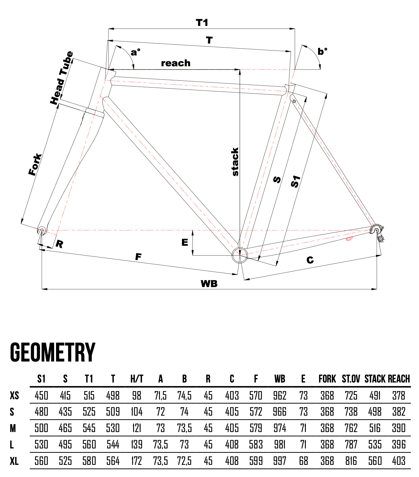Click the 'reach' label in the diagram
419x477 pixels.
click(175, 63)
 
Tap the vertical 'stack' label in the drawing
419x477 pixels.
click(235, 162)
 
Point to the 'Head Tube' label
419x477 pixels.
click(62, 78)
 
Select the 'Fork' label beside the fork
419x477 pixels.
click(35, 164)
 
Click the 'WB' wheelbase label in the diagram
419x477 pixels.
click(209, 284)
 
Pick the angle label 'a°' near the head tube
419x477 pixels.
click(135, 52)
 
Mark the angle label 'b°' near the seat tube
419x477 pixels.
click(322, 52)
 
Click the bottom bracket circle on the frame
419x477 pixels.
click(240, 255)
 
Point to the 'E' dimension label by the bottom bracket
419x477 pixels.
click(185, 242)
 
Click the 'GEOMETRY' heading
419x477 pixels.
click(53, 353)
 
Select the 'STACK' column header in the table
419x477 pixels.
click(375, 379)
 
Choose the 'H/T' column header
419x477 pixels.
click(137, 379)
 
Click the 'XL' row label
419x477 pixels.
click(14, 461)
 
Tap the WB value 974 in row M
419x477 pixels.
click(280, 428)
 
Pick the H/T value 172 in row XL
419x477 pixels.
click(137, 461)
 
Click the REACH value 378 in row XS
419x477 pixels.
click(399, 396)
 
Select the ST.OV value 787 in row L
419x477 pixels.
click(351, 445)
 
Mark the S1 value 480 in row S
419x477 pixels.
click(41, 412)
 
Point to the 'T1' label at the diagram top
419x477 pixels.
click(202, 23)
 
